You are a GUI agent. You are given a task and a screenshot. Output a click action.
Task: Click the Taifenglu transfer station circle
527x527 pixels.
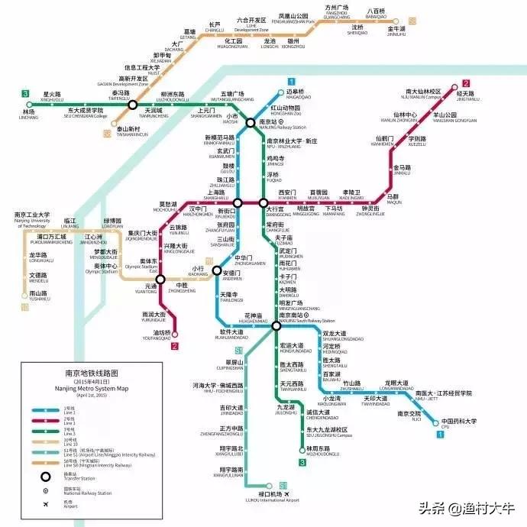click(x=133, y=105)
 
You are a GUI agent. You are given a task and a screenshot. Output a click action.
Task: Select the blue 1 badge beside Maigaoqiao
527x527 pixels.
click(x=291, y=82)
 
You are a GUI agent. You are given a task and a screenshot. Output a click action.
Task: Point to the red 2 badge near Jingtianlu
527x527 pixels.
click(x=465, y=84)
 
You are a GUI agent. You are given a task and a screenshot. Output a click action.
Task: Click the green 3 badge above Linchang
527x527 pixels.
click(x=26, y=94)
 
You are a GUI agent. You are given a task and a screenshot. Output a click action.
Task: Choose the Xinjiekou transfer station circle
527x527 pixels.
click(x=238, y=203)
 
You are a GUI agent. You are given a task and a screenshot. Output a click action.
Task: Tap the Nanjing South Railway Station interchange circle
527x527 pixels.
click(x=275, y=325)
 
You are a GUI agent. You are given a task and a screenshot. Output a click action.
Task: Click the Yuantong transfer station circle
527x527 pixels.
click(x=160, y=280)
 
